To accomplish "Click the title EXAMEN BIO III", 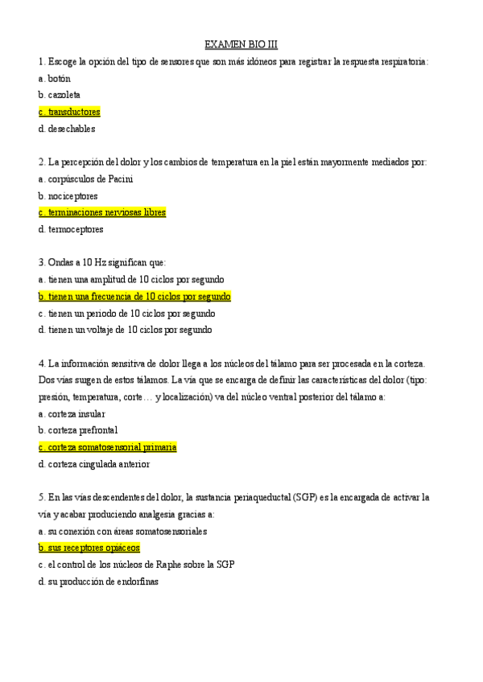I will tap(241, 45).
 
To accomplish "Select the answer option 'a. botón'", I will tap(54, 79).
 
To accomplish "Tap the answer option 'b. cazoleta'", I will tap(59, 95).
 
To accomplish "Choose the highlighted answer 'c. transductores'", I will tap(69, 112).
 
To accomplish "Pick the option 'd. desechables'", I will tap(66, 129).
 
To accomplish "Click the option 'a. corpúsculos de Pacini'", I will tap(85, 179).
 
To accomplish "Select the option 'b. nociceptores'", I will tap(68, 196).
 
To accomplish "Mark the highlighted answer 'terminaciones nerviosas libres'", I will tap(102, 213).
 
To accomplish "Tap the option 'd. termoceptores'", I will tap(71, 229).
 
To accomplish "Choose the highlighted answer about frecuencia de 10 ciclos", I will tap(134, 297).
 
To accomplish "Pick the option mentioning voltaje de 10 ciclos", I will tap(125, 330).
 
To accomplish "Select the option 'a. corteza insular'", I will tap(71, 414).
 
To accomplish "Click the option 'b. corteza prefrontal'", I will tap(77, 430).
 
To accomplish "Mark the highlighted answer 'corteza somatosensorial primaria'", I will tap(107, 447).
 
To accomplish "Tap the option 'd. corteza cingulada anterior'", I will tap(93, 464).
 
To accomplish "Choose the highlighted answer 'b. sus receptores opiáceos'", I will tap(89, 548).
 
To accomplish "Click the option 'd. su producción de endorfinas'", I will tap(98, 581).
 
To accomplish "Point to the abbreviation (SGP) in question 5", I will tap(305, 498).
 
